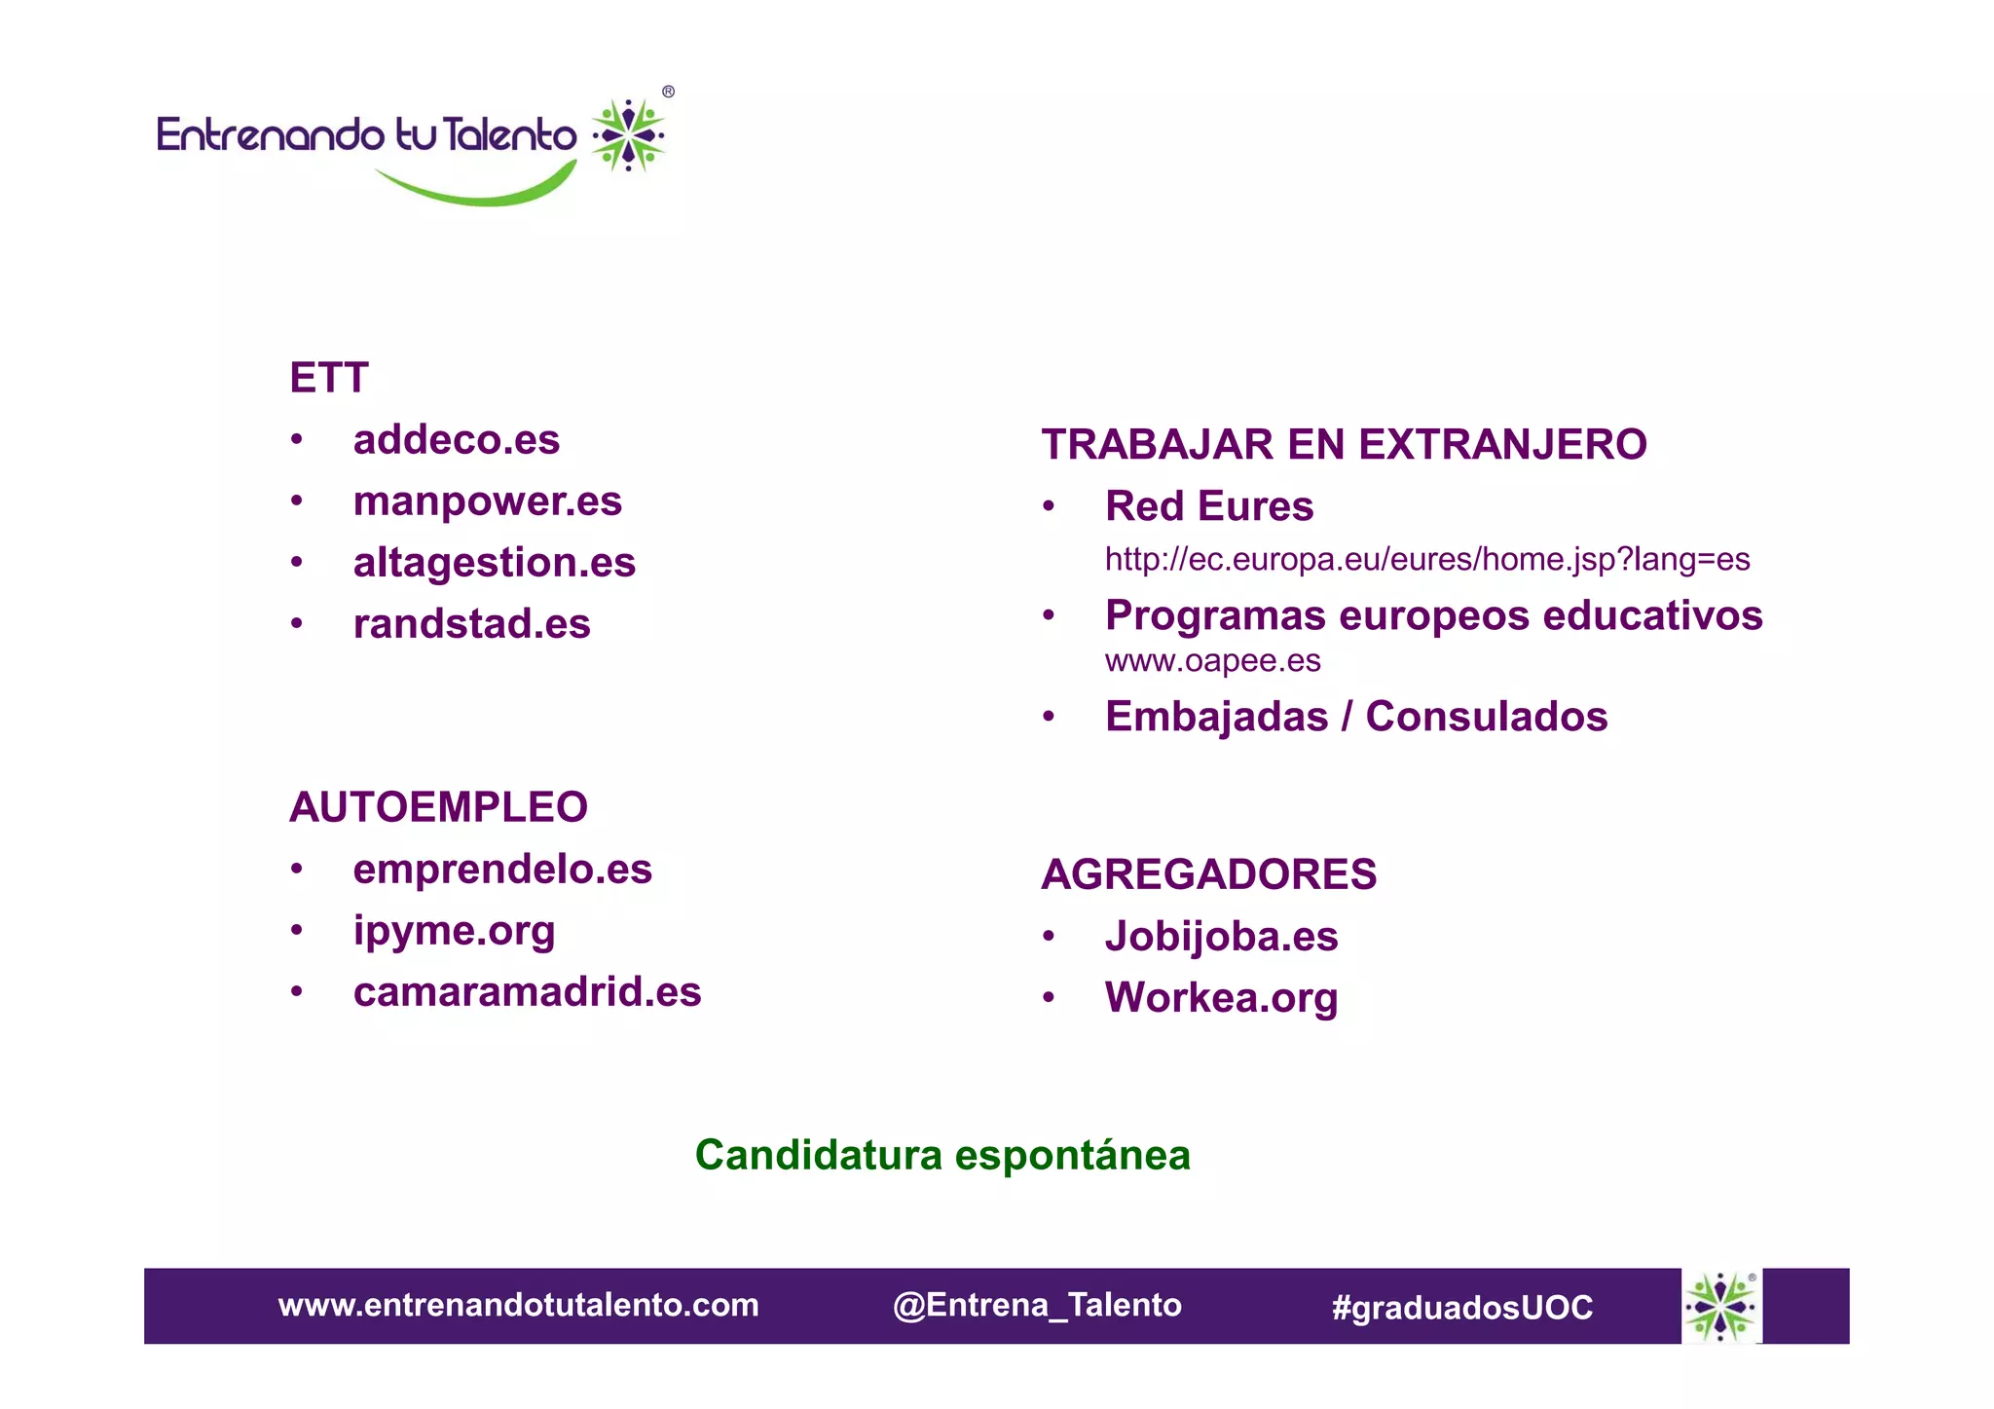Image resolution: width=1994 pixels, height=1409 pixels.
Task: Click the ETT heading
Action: (329, 378)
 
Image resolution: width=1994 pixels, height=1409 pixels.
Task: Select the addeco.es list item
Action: (456, 440)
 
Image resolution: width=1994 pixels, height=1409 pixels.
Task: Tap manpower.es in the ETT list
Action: (487, 501)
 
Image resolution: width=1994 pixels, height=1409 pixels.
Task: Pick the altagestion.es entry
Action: (494, 563)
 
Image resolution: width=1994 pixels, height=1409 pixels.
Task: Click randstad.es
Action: (471, 624)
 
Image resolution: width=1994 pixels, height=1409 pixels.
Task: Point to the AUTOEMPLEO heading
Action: (438, 807)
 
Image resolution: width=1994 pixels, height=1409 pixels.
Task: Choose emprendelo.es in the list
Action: (502, 870)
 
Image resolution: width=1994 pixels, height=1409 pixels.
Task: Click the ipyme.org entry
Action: (454, 931)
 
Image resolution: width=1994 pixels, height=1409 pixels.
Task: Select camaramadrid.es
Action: (527, 992)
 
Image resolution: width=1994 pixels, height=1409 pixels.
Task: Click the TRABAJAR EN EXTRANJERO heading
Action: (1344, 445)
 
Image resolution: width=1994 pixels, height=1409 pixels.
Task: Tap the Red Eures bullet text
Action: (1209, 506)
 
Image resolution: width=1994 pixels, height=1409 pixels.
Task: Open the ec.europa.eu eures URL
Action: (1426, 560)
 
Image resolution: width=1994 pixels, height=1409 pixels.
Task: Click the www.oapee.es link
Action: (1212, 661)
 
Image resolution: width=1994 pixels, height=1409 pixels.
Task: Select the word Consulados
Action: (1486, 717)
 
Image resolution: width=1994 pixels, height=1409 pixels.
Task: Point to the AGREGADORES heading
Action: (1208, 874)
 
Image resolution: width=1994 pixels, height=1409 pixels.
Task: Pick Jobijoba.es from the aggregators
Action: (1221, 937)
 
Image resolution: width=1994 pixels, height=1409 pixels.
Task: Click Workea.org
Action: (1221, 998)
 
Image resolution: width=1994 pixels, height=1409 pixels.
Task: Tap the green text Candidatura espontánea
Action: (942, 1156)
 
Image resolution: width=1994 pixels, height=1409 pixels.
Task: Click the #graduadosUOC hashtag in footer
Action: (1461, 1307)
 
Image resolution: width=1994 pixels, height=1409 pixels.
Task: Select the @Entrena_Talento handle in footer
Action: (1037, 1305)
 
